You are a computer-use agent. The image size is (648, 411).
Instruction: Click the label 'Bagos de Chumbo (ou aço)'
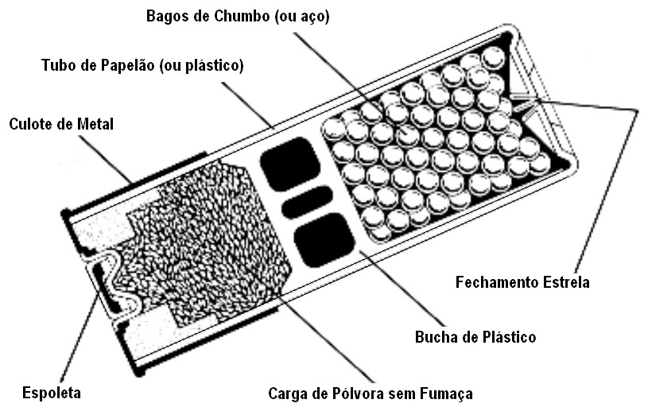[238, 16]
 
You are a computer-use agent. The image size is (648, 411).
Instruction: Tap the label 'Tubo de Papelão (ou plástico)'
[142, 64]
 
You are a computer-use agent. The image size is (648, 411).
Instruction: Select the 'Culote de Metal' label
[61, 124]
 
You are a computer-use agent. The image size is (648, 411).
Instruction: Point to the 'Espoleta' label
[52, 393]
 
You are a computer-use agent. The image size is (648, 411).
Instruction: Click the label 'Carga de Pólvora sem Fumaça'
[371, 393]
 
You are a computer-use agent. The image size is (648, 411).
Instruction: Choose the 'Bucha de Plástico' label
[475, 337]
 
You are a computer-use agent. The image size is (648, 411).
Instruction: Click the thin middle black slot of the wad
[307, 203]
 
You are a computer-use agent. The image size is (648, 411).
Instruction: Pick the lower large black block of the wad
[324, 241]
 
